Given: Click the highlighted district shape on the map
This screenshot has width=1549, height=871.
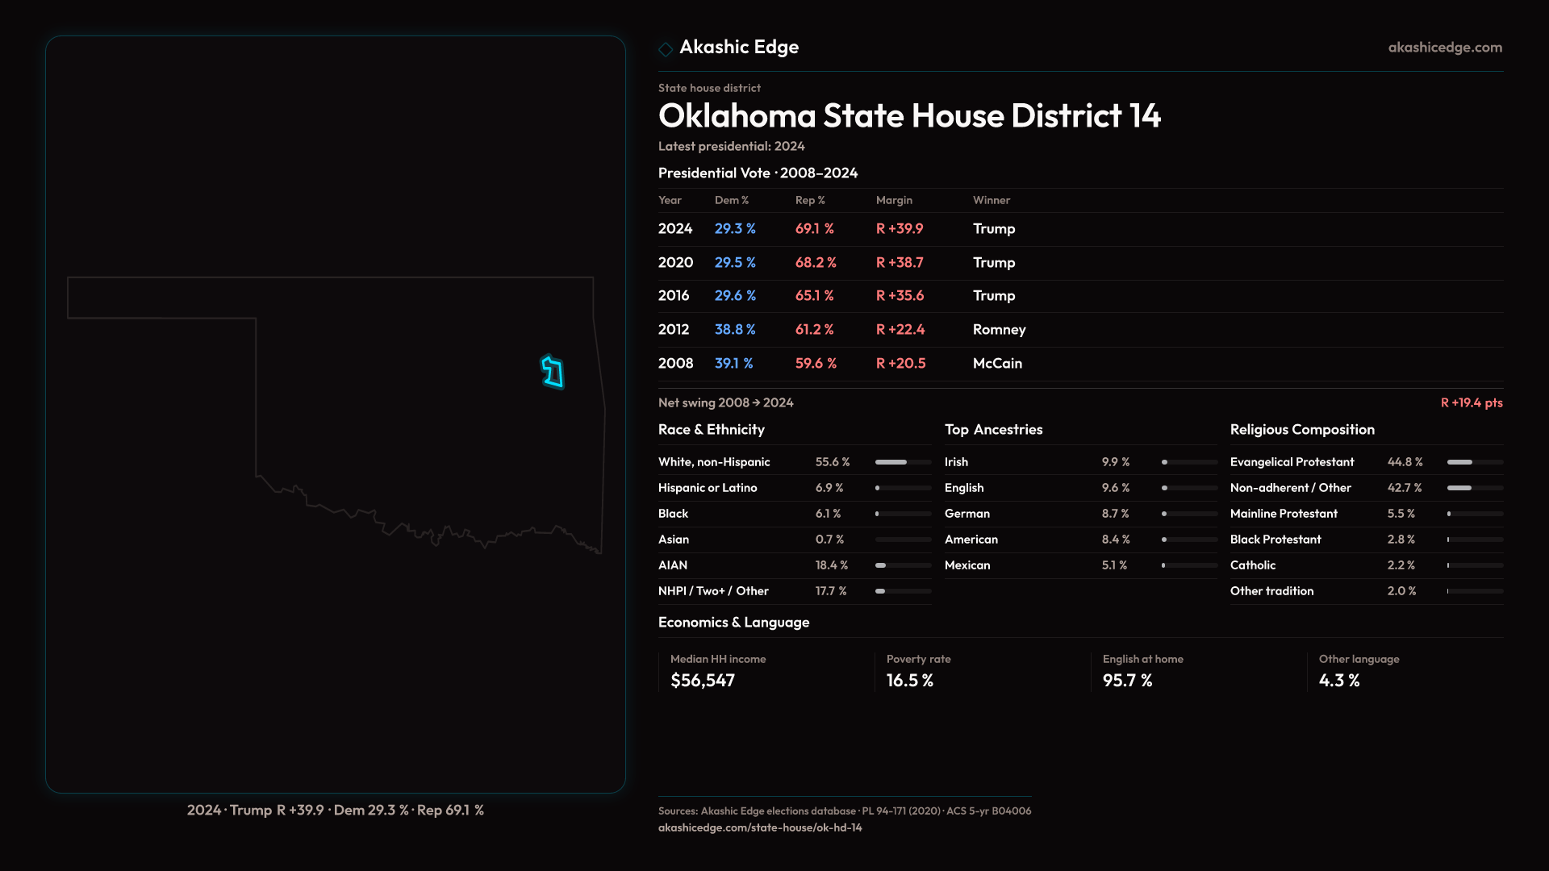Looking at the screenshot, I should [x=553, y=373].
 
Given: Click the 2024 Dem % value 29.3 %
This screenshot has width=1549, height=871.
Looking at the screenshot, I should [x=735, y=229].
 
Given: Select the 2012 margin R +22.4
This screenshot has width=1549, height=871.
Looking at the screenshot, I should [x=900, y=330].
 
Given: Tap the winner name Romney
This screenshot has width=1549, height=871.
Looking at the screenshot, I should [x=999, y=330].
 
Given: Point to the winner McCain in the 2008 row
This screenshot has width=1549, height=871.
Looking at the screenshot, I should [x=997, y=364].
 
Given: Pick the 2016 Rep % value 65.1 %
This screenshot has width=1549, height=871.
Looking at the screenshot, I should [x=814, y=296].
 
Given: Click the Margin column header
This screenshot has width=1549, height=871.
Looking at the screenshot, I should [x=894, y=200].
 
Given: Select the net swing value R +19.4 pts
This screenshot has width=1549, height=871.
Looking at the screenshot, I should [x=1472, y=402].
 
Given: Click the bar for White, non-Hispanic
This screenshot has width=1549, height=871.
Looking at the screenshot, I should [x=903, y=462].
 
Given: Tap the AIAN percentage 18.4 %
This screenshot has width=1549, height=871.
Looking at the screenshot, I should [x=831, y=565].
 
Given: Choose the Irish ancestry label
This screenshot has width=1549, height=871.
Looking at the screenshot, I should [x=956, y=462].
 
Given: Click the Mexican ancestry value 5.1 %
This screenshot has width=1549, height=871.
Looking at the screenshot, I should [x=1114, y=565].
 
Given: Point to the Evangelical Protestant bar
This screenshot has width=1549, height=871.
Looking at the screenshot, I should [x=1474, y=462].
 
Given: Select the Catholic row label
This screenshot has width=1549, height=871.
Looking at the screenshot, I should [x=1252, y=565].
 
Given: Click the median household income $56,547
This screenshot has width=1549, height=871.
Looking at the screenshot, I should [x=702, y=681].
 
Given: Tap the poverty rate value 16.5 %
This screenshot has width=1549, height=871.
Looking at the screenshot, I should [x=909, y=681].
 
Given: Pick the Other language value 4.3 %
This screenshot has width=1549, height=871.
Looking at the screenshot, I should [x=1338, y=681].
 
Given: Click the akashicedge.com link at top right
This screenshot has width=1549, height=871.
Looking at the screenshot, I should [x=1445, y=48].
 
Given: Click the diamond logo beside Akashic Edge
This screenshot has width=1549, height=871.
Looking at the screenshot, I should [x=666, y=49].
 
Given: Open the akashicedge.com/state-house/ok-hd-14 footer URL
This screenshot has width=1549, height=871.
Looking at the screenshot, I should [x=760, y=827].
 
